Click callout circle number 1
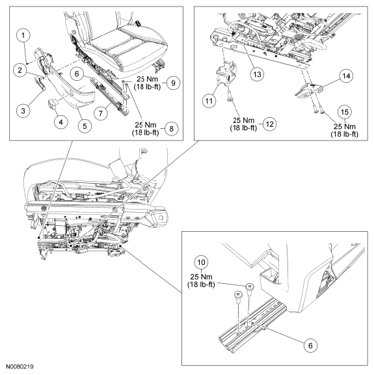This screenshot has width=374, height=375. click(x=23, y=36)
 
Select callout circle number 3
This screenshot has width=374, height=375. click(x=23, y=111)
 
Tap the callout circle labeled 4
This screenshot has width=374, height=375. click(x=60, y=122)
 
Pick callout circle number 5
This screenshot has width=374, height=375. click(x=85, y=126)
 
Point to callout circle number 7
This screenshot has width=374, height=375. click(x=101, y=113)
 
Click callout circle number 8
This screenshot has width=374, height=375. click(x=171, y=129)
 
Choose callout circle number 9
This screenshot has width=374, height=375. click(x=173, y=83)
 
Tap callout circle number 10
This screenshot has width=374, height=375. click(x=201, y=262)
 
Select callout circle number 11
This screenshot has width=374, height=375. click(x=209, y=101)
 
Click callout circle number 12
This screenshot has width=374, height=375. click(x=269, y=124)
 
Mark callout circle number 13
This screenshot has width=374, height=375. click(x=257, y=74)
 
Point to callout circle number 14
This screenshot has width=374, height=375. click(x=346, y=76)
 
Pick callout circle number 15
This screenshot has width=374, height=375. click(x=345, y=112)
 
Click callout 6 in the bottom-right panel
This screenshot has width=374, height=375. click(x=310, y=345)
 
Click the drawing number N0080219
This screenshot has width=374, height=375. click(x=20, y=367)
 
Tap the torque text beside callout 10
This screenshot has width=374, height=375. click(x=201, y=281)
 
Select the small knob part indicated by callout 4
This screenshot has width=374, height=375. click(x=53, y=104)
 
